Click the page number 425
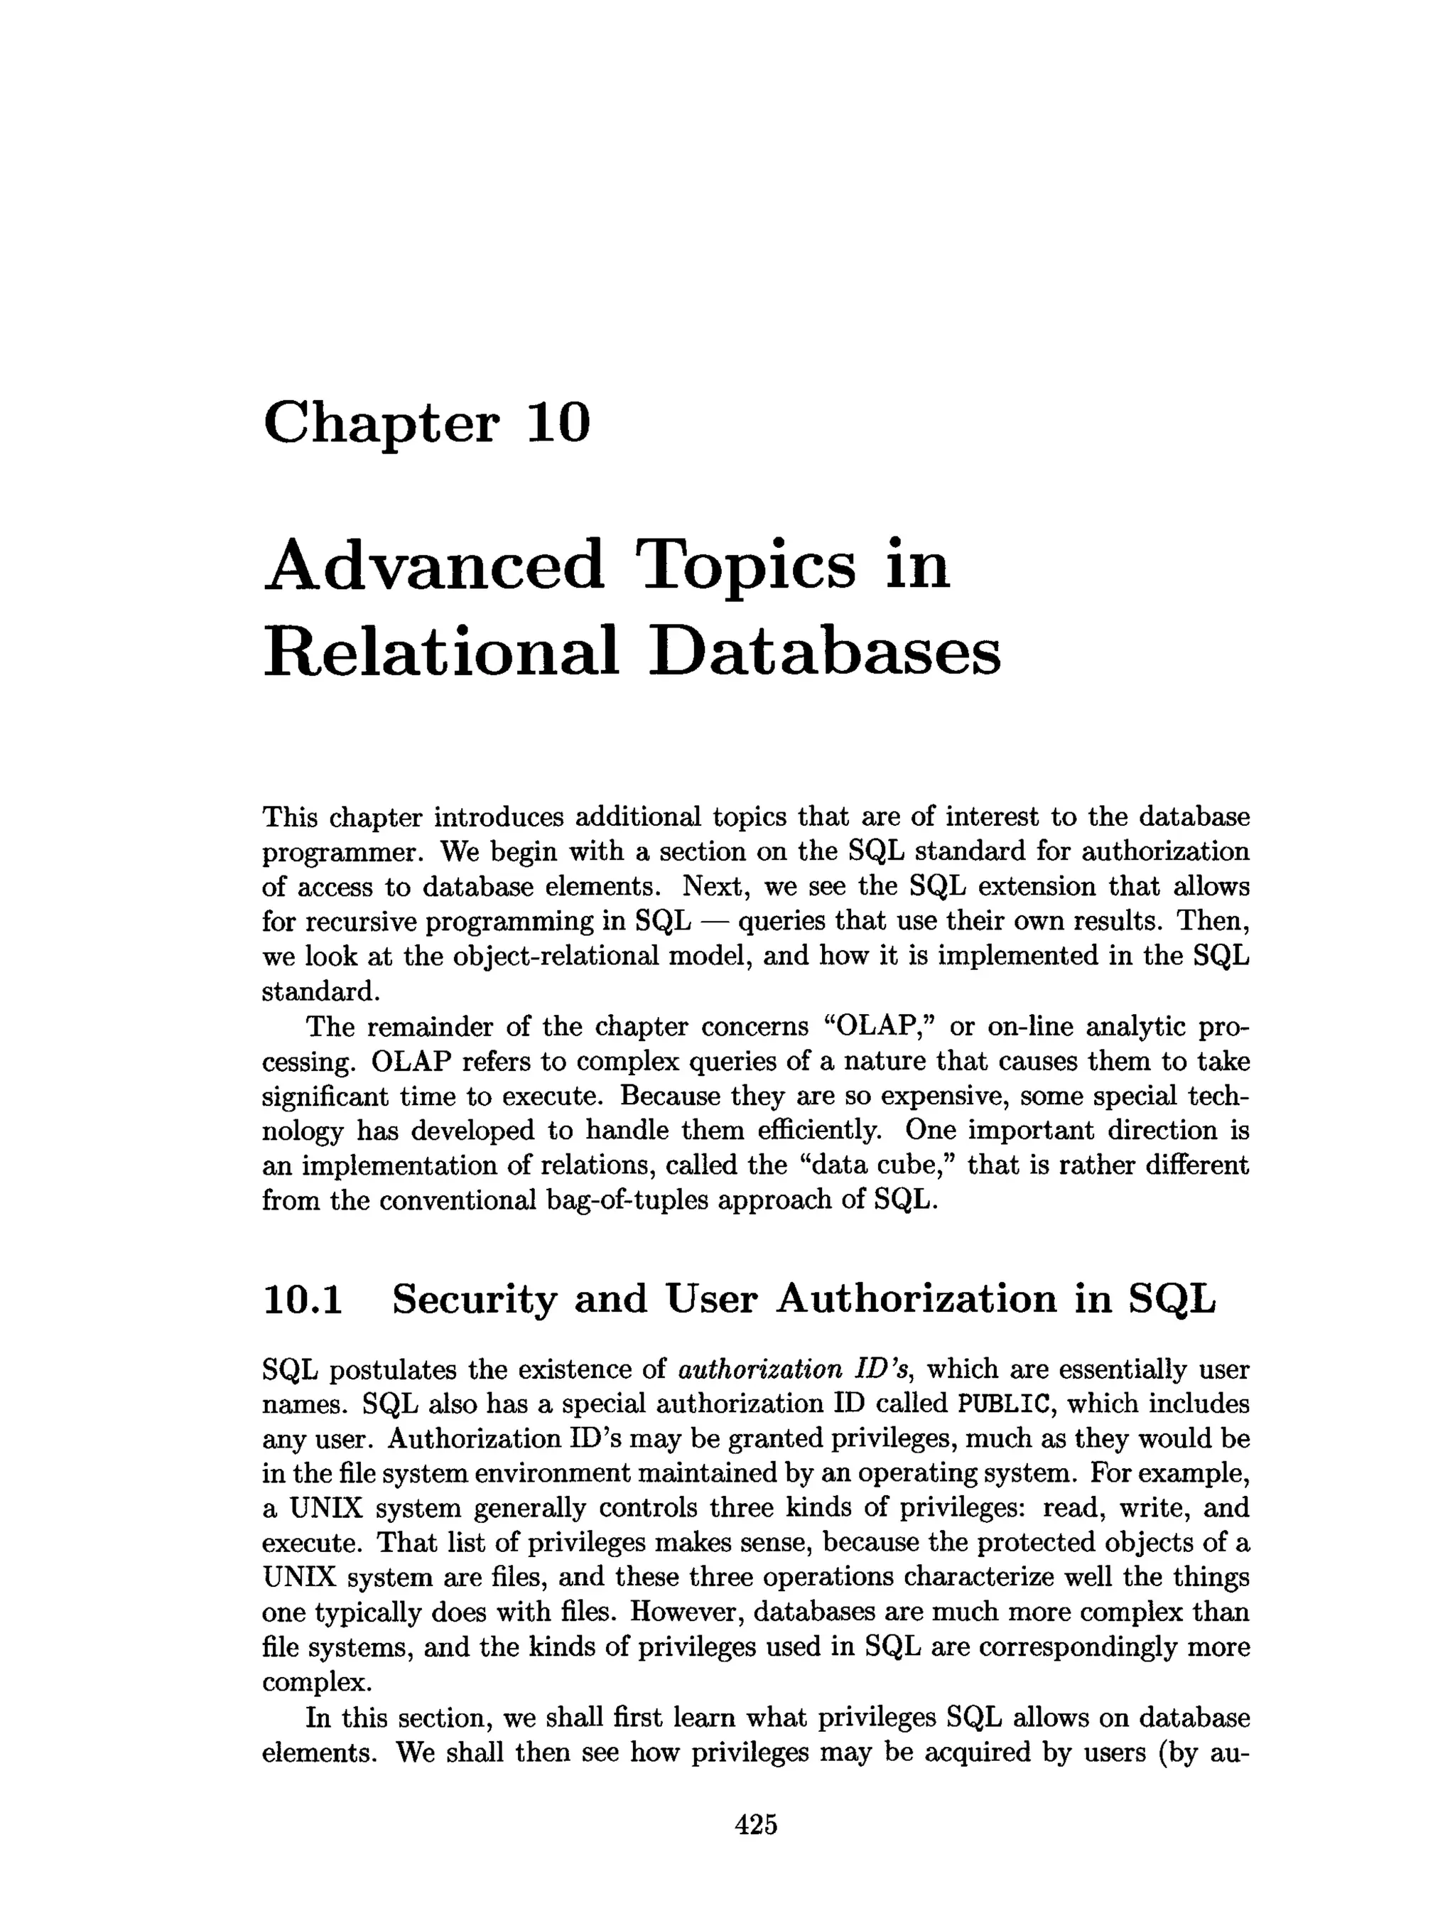755,1824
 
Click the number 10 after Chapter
558,422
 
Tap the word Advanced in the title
433,564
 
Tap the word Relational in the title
440,652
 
